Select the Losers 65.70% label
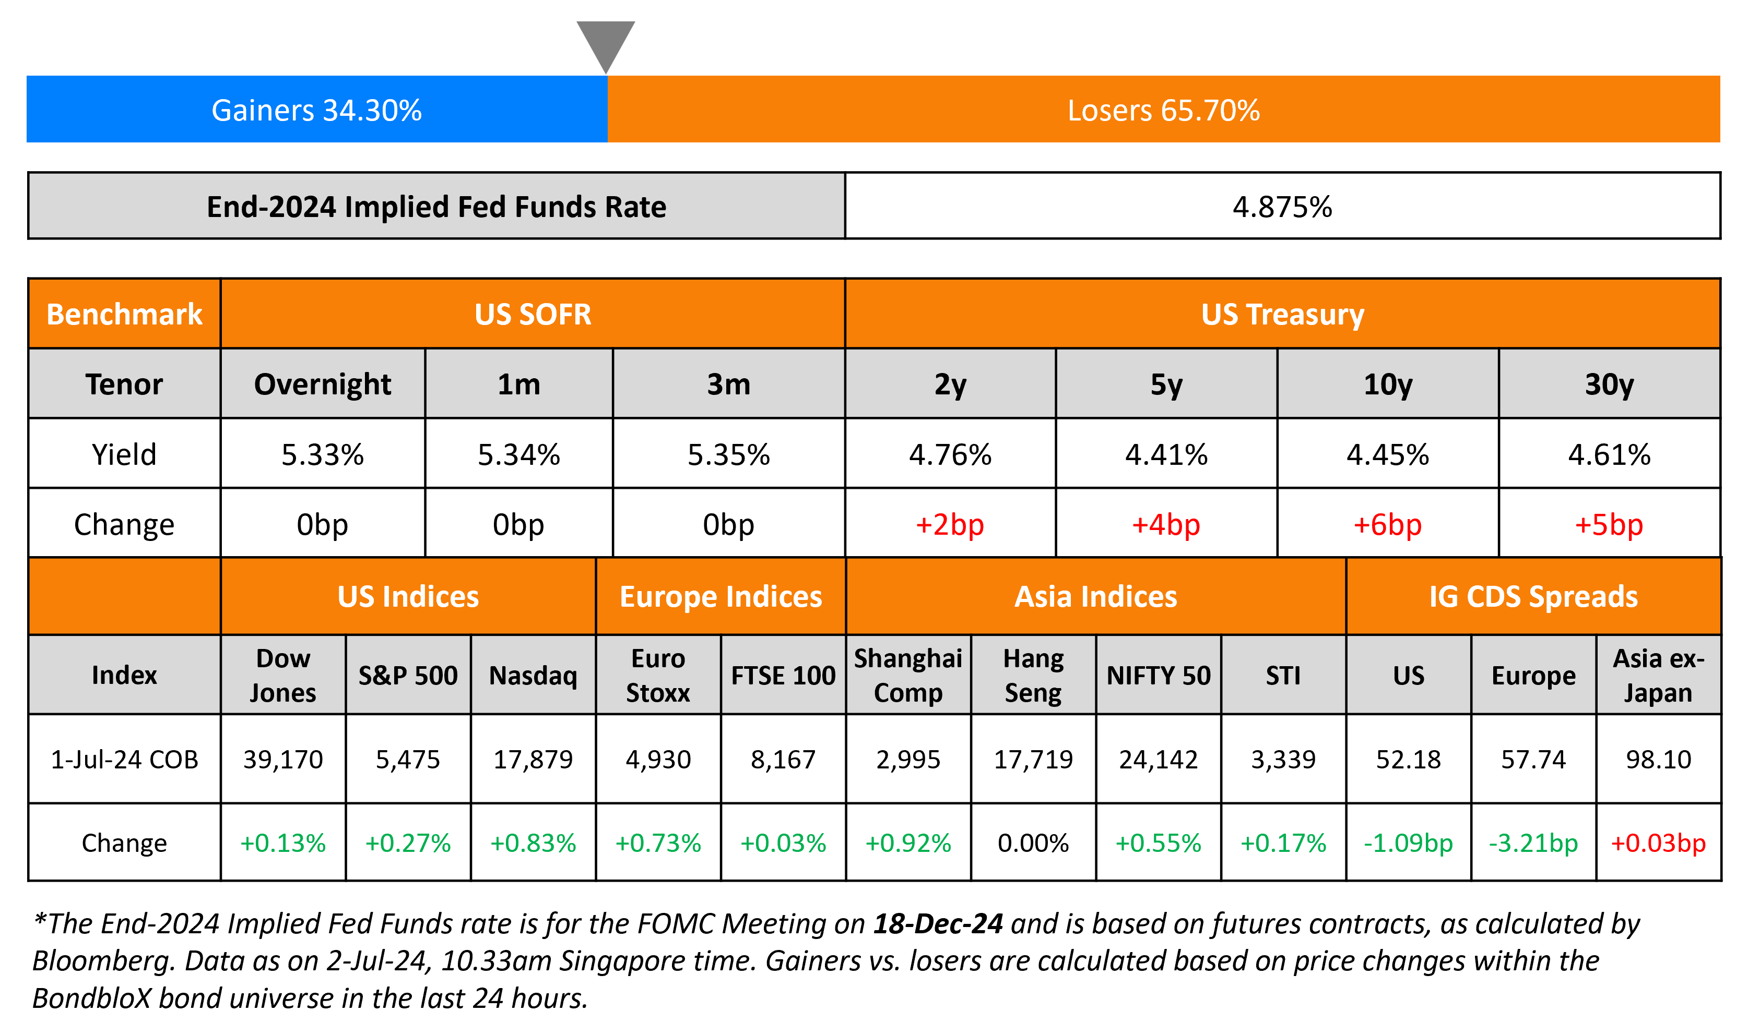[1163, 110]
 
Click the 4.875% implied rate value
[1282, 207]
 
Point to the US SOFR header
[533, 315]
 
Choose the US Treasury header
[1282, 315]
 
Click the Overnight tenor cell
[322, 384]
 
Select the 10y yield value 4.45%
[1387, 455]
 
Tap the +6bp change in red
[1387, 524]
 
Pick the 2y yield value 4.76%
[950, 455]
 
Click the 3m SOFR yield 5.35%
[728, 455]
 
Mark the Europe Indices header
[721, 597]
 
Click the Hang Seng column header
[1033, 675]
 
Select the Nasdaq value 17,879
[533, 759]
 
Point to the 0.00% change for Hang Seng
[1033, 843]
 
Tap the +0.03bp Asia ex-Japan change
[1658, 843]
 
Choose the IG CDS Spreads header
[1533, 597]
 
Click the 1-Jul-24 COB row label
[124, 759]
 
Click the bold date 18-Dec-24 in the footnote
[938, 923]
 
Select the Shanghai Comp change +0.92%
[908, 843]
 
